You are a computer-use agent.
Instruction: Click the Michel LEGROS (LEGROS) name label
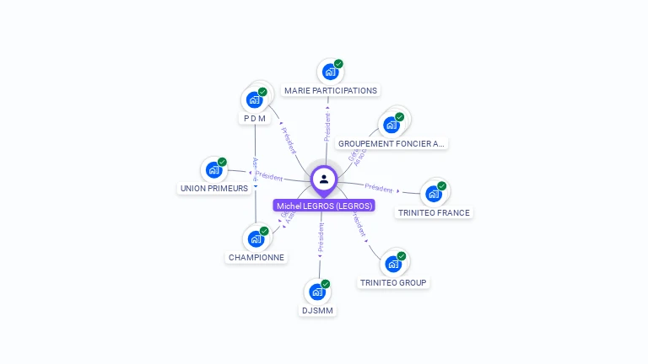(x=324, y=206)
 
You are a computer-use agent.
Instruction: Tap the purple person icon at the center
(x=324, y=179)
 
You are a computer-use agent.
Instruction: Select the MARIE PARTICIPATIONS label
(x=331, y=90)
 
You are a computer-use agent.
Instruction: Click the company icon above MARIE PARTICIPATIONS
(x=330, y=72)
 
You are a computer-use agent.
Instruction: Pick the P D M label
(x=255, y=119)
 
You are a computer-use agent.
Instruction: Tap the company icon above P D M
(x=254, y=99)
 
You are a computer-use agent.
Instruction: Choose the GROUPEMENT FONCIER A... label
(x=391, y=144)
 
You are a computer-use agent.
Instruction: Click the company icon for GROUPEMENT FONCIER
(x=391, y=125)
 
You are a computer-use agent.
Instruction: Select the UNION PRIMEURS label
(x=214, y=189)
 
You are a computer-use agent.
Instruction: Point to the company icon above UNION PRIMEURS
(x=213, y=169)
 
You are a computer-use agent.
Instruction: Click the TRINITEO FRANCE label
(x=434, y=213)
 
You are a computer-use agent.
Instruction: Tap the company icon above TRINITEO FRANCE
(x=434, y=194)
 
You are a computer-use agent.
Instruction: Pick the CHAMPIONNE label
(x=256, y=258)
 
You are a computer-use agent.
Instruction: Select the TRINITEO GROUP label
(x=393, y=283)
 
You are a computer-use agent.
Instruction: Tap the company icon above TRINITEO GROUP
(x=393, y=264)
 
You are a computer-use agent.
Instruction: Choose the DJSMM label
(x=318, y=311)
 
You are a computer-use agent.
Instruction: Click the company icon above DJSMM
(x=317, y=292)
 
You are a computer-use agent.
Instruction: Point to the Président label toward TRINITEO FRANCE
(x=379, y=188)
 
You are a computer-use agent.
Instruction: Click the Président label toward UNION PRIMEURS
(x=269, y=177)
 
